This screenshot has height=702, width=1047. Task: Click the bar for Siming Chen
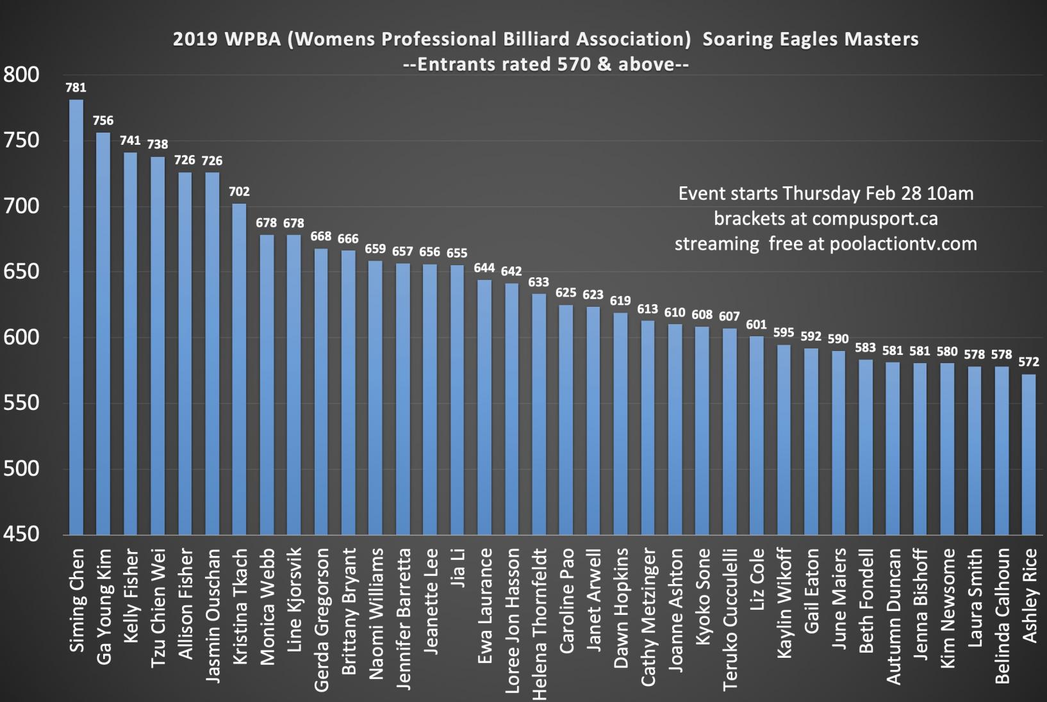tap(76, 317)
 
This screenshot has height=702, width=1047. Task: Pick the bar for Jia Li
tap(457, 400)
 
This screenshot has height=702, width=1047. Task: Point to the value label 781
tap(76, 88)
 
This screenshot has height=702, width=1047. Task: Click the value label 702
tap(239, 192)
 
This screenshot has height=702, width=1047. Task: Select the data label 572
tap(1028, 362)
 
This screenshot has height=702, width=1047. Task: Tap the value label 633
tap(538, 282)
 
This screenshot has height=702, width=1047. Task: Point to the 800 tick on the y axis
tap(21, 75)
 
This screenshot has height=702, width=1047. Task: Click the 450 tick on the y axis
tap(21, 534)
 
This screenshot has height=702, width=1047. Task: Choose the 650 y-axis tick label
tap(21, 272)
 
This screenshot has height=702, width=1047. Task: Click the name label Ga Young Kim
tap(103, 606)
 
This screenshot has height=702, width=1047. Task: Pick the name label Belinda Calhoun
tap(1002, 616)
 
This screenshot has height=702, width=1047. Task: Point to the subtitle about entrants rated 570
tap(545, 64)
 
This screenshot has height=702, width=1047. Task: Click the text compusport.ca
tap(875, 218)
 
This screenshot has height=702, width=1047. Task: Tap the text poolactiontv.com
tap(903, 243)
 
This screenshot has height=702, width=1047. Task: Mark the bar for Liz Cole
tap(757, 435)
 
